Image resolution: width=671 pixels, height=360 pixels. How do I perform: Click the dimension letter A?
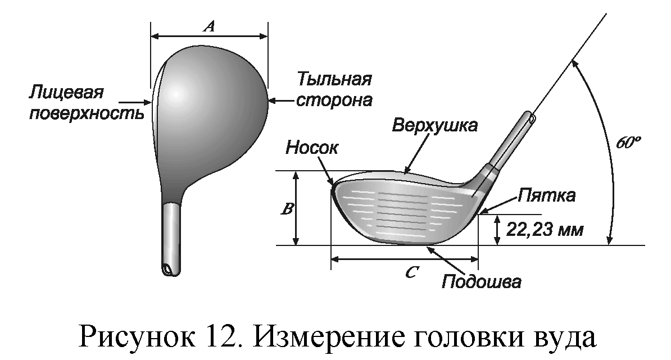[209, 26]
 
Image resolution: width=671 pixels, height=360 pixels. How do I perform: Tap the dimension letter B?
[287, 209]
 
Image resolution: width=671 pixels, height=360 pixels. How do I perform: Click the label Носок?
[312, 147]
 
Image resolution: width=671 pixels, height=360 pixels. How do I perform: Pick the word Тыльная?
[334, 79]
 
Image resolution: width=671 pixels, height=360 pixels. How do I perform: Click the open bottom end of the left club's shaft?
[167, 270]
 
